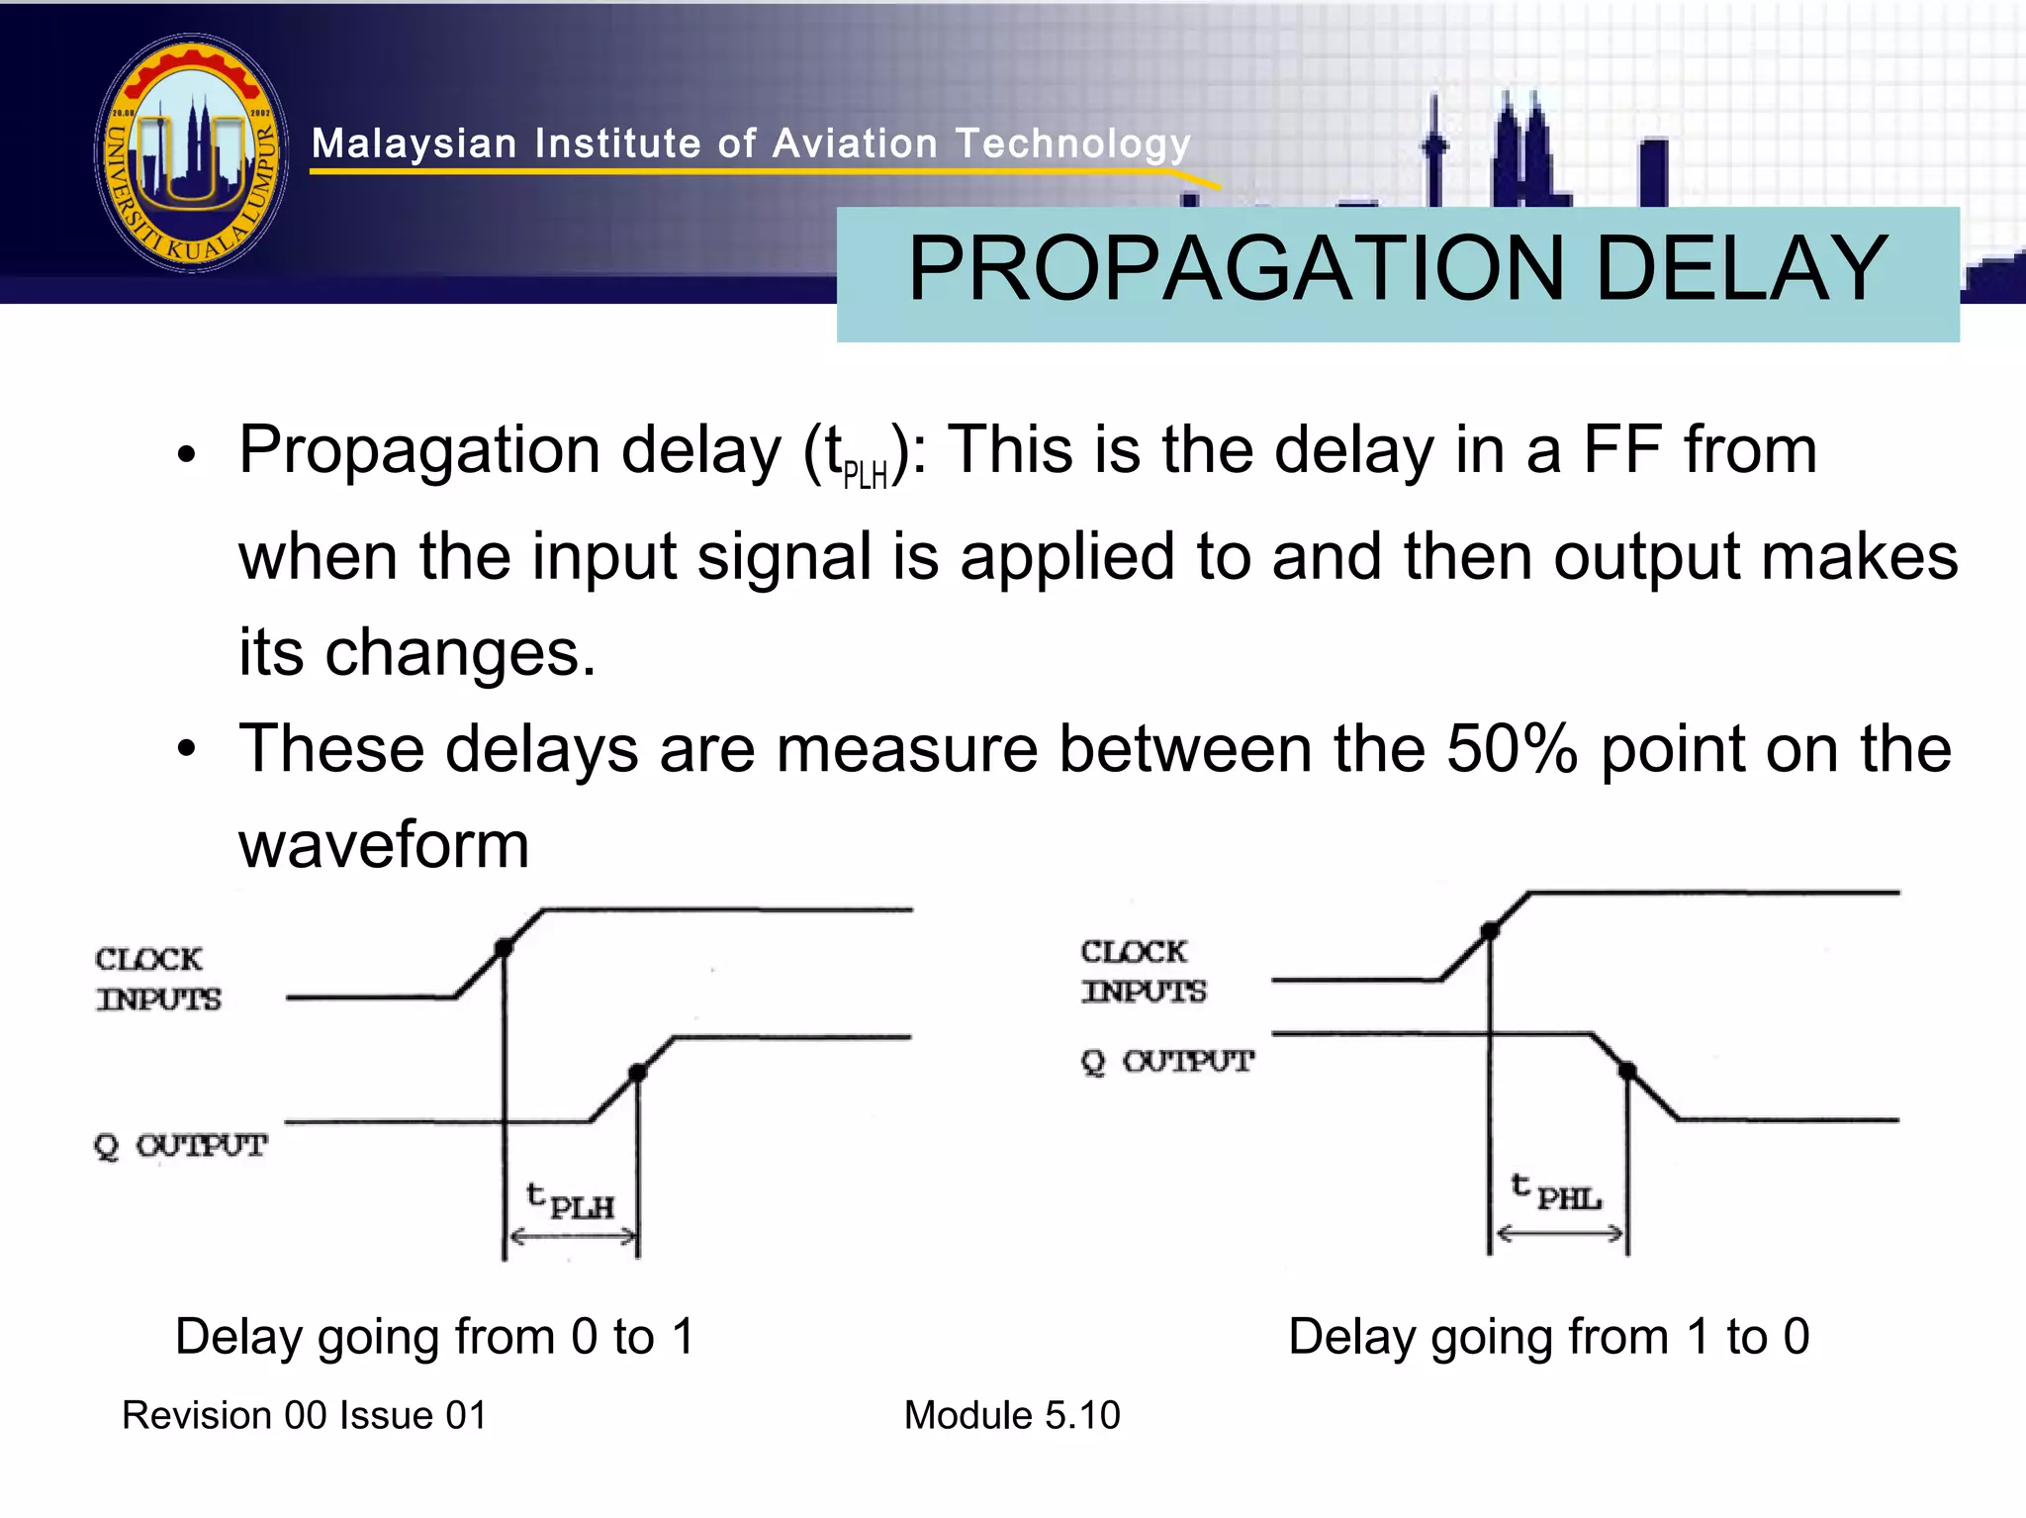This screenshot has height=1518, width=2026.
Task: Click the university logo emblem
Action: click(192, 153)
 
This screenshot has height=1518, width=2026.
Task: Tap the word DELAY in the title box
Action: click(1741, 269)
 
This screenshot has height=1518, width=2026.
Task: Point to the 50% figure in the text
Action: click(1512, 749)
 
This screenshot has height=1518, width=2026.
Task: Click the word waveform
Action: click(384, 846)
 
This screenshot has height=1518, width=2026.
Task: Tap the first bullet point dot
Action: click(187, 456)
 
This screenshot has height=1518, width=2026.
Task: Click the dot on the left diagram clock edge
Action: click(504, 948)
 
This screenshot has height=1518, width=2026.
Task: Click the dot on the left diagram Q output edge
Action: click(638, 1073)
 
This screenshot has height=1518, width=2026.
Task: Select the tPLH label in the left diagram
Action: click(571, 1202)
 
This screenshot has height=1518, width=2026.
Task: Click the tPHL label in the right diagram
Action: click(1556, 1193)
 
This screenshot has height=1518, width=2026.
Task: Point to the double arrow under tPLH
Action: click(572, 1237)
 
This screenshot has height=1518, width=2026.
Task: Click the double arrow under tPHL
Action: click(1559, 1234)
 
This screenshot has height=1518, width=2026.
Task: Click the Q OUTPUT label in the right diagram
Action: click(1167, 1063)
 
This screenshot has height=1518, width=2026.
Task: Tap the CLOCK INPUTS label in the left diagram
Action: click(157, 980)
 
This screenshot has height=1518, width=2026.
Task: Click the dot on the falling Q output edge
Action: click(1627, 1071)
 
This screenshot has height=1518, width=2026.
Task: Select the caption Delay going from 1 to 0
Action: click(1548, 1337)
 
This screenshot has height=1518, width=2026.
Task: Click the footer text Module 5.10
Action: click(1012, 1416)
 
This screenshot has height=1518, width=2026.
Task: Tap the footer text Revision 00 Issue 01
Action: click(305, 1416)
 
